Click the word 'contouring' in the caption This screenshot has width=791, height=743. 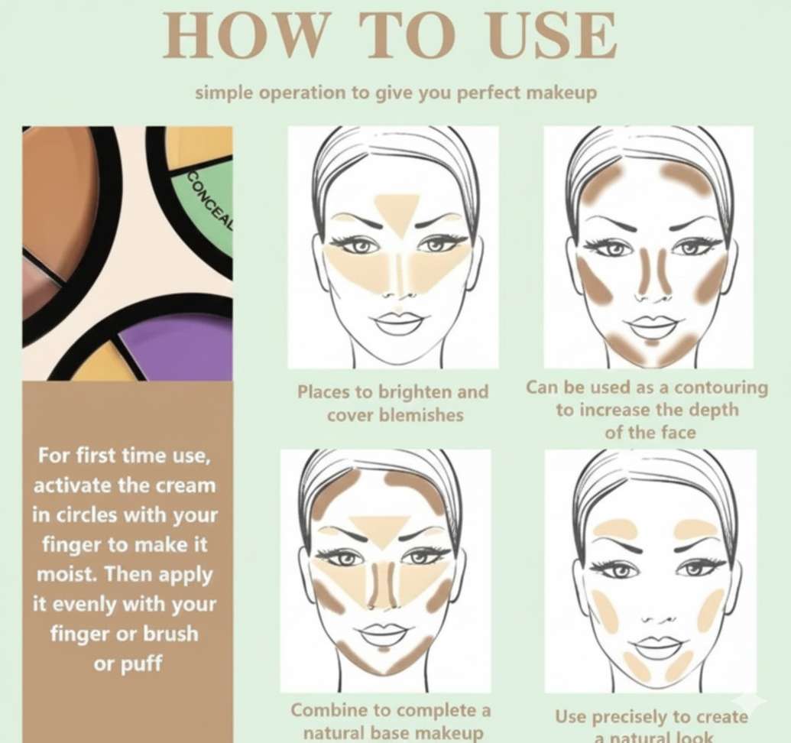tap(721, 388)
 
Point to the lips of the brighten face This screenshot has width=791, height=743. tap(398, 323)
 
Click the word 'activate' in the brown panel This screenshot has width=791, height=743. tap(73, 485)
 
